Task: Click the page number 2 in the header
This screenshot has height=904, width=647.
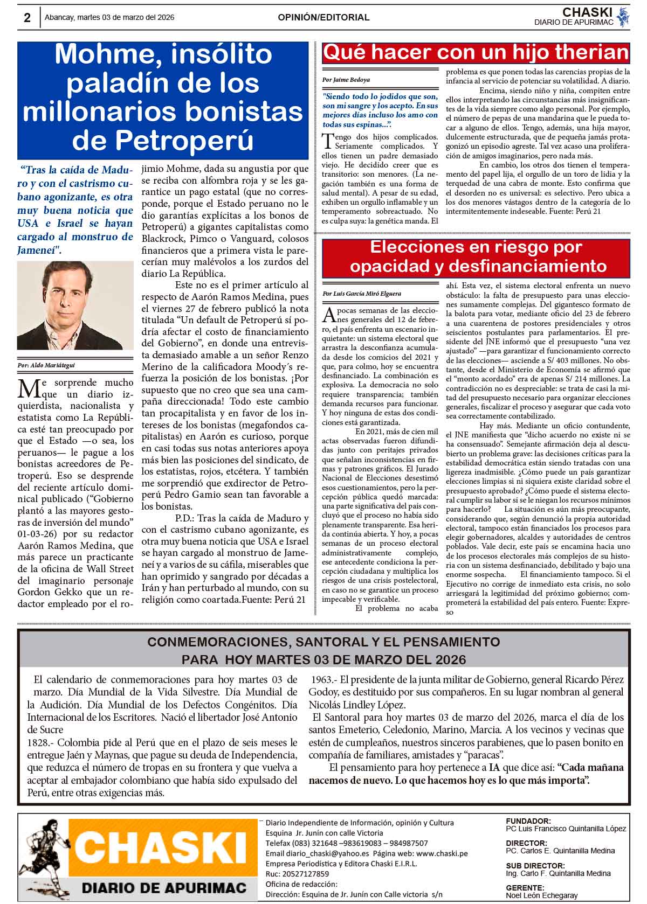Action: coord(27,18)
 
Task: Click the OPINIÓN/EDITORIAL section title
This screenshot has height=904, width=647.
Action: coord(323,17)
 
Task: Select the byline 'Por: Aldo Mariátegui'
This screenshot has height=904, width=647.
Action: coord(46,365)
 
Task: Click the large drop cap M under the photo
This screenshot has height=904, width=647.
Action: coord(28,388)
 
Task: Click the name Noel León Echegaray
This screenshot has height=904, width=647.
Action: coord(541,895)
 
